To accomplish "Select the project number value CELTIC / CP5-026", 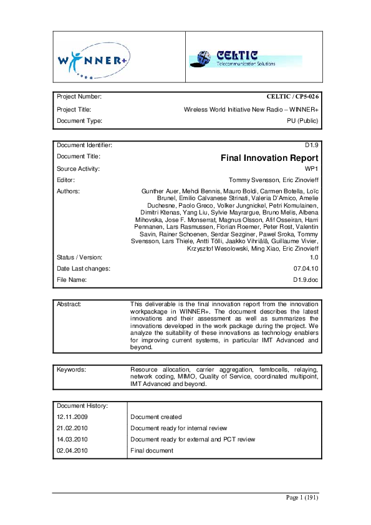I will point(292,97).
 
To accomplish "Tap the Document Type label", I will point(79,120).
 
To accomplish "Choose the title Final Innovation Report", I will point(269,158).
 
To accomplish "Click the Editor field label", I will point(65,180).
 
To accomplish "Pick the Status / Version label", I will point(80,257).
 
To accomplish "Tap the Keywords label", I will point(71,370).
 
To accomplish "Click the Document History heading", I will point(83,406).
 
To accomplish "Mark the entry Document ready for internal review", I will point(178,428).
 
